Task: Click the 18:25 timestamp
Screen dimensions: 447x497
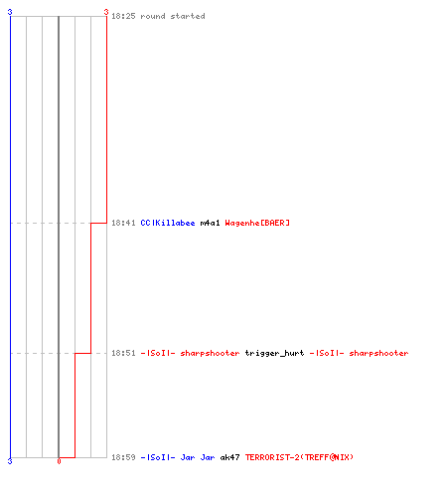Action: (123, 16)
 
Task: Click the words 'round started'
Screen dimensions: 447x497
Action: (173, 16)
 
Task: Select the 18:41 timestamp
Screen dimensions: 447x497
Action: (123, 223)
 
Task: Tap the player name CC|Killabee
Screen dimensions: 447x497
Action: (168, 223)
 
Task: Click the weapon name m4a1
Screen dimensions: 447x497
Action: (210, 223)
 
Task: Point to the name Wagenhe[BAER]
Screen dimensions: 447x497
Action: (257, 223)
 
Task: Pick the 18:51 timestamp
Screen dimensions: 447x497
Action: (123, 353)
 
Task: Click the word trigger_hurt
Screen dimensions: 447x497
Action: (274, 354)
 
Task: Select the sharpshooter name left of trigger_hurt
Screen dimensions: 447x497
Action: (190, 353)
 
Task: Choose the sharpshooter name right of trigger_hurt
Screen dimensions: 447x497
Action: (359, 353)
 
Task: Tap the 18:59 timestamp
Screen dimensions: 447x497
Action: (123, 457)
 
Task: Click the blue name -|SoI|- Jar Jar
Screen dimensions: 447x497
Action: (178, 457)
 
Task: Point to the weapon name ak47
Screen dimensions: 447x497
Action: (229, 457)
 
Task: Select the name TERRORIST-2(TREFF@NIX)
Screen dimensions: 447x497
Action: (299, 457)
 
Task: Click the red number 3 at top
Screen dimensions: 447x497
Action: (106, 12)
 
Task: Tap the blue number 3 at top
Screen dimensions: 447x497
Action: (10, 12)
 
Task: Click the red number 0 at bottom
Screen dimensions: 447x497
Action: (59, 461)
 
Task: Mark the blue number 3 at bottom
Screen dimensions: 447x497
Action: (10, 461)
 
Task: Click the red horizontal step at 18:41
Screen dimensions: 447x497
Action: (98, 223)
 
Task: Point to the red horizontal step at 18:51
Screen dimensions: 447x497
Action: (82, 353)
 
